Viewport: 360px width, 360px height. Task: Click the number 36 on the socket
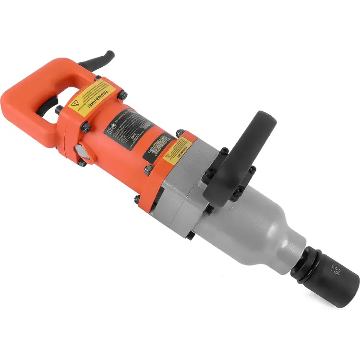(337, 272)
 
